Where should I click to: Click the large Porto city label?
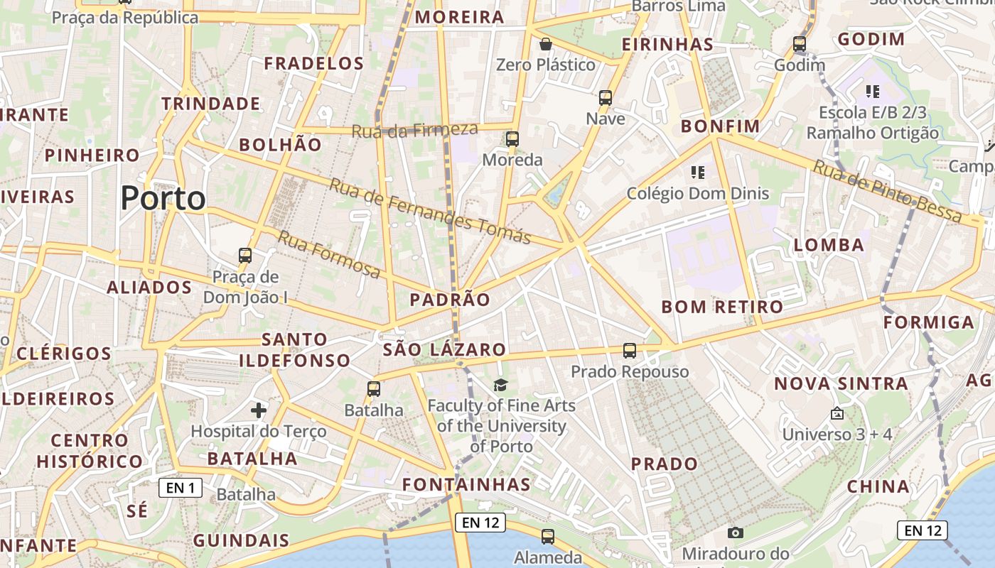coord(163,198)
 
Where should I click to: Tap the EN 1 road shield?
coord(181,488)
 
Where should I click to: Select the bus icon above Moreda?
coord(512,138)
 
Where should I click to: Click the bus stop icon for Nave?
coord(606,98)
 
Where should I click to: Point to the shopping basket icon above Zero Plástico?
coord(546,44)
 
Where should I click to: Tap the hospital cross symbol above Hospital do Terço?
coord(259,410)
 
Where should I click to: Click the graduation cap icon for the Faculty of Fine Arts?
coord(501,385)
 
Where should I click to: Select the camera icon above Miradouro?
coord(736,532)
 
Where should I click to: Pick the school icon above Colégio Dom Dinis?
coord(697,172)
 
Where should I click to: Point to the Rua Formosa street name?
coord(329,254)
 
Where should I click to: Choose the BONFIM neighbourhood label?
coord(720,126)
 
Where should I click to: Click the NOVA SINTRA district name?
coord(841,384)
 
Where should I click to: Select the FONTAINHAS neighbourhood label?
coord(466,484)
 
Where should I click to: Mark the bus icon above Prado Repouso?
coord(630,350)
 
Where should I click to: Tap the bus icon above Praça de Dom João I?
coord(245,255)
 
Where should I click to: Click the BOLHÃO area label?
coord(280,145)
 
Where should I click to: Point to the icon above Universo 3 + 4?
coord(837,413)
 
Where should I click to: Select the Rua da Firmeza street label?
coord(415,129)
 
